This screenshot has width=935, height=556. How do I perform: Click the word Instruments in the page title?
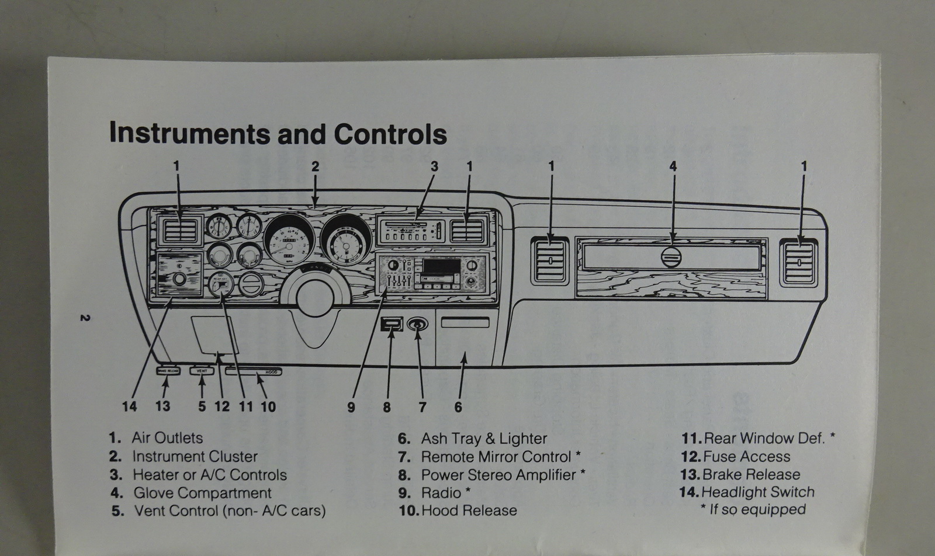(x=190, y=134)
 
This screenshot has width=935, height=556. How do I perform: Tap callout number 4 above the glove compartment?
(x=673, y=166)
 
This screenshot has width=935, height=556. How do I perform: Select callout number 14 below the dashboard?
(x=129, y=406)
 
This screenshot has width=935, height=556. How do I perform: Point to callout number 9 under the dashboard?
(x=351, y=407)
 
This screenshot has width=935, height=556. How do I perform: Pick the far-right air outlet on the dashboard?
(x=799, y=263)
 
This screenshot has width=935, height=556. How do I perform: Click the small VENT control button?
(x=202, y=371)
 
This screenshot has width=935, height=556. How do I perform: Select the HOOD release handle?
(x=254, y=371)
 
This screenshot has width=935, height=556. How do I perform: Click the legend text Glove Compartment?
(x=202, y=493)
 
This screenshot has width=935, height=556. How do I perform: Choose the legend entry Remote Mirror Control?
(x=496, y=457)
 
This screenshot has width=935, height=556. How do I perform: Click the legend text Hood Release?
(x=469, y=510)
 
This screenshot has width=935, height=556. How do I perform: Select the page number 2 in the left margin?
(x=85, y=318)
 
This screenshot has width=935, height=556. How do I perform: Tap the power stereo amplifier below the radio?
(x=392, y=324)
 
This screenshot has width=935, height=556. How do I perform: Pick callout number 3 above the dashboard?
(x=434, y=166)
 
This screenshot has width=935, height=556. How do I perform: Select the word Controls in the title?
(x=390, y=134)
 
